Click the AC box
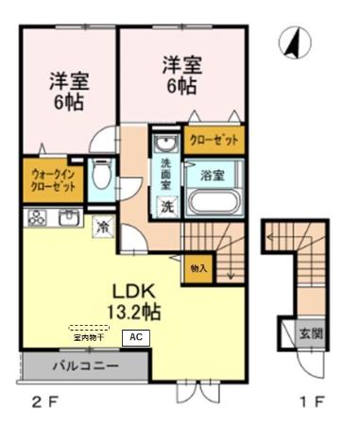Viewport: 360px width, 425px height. click(x=135, y=336)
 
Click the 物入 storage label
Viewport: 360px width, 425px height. click(x=198, y=267)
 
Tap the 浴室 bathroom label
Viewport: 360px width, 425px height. click(x=213, y=175)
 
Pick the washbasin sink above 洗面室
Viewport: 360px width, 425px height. click(x=165, y=145)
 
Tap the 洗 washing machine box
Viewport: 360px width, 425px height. click(x=165, y=207)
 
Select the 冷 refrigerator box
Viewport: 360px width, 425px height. click(x=102, y=227)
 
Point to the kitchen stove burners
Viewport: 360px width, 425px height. click(x=38, y=219)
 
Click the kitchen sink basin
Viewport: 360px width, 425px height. click(x=70, y=219)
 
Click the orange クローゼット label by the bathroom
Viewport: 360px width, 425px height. click(x=213, y=140)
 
